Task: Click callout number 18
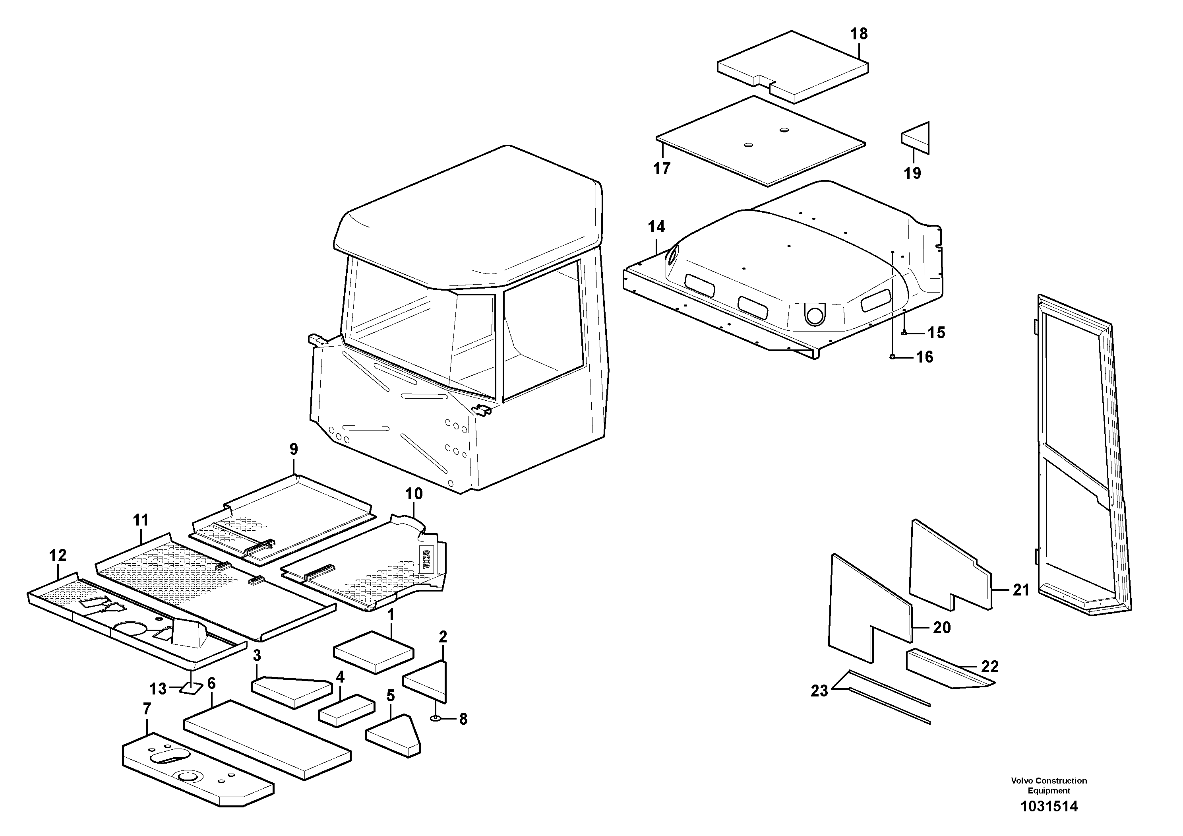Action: point(859,34)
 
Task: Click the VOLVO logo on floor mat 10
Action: point(427,559)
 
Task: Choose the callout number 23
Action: point(819,691)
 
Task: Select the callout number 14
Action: point(656,227)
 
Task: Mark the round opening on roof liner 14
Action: point(815,315)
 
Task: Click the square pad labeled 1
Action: point(374,652)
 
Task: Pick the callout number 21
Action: point(1021,590)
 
